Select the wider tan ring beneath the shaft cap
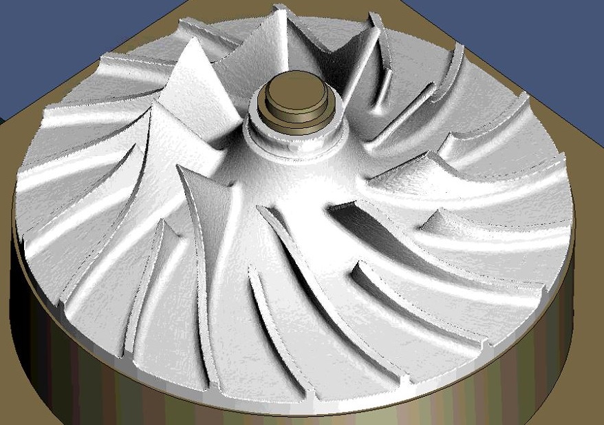tap(296, 117)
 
